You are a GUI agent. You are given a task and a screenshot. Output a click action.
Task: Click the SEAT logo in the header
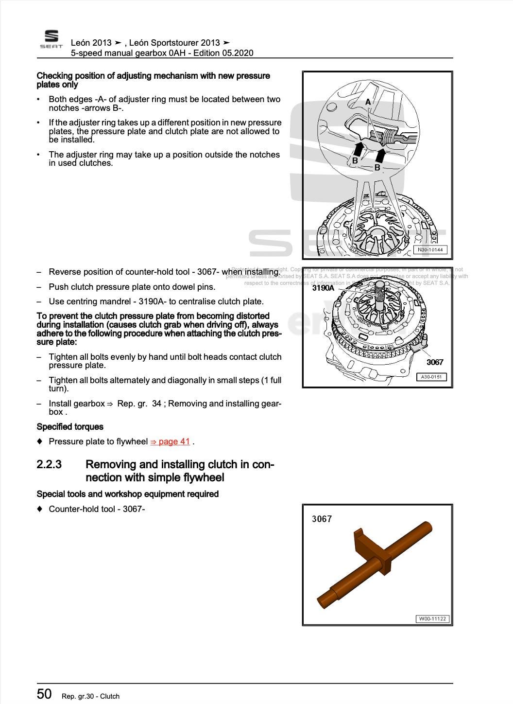[x=51, y=39]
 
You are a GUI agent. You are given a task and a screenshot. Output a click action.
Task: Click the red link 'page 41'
[x=170, y=441]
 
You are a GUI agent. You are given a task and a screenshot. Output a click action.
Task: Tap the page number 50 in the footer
[x=44, y=694]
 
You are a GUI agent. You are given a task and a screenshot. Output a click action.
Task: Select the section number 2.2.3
[x=49, y=464]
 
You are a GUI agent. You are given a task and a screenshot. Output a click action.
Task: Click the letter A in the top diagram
[x=368, y=102]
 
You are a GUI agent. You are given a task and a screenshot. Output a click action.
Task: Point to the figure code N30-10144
[x=430, y=250]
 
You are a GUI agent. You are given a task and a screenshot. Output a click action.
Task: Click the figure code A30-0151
[x=431, y=377]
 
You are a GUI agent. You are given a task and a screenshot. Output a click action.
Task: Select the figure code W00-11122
[x=432, y=619]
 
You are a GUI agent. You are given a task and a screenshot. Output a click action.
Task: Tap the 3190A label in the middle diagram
[x=323, y=288]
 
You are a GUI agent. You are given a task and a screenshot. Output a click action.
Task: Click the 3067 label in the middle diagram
[x=435, y=362]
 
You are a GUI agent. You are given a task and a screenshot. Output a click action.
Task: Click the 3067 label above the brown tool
[x=322, y=519]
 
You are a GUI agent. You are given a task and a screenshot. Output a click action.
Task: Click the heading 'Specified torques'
[x=70, y=427]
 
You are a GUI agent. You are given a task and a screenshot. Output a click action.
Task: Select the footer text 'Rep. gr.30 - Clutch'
[x=90, y=696]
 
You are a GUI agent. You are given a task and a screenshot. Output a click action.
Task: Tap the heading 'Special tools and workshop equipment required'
[x=128, y=494]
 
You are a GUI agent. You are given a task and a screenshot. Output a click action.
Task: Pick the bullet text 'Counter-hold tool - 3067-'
[x=97, y=509]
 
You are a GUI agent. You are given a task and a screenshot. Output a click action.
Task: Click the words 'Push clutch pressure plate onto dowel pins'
[x=132, y=287]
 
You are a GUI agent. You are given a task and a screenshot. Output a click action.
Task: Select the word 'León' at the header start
[x=81, y=43]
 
